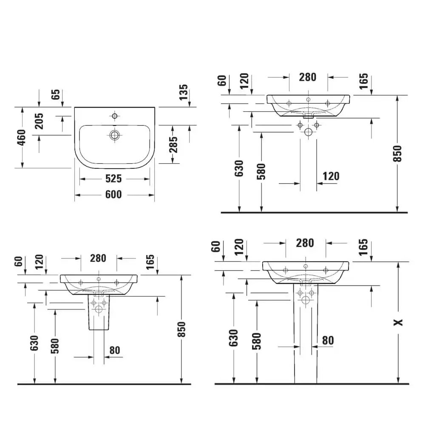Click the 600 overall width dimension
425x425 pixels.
click(x=113, y=195)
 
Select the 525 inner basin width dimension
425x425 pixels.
click(x=113, y=178)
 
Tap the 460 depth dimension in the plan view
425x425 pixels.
click(x=22, y=137)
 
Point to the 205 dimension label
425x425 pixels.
click(x=39, y=121)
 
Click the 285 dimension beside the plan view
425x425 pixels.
click(x=173, y=144)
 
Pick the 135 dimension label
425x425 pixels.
click(x=184, y=92)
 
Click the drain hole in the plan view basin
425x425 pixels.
click(x=114, y=135)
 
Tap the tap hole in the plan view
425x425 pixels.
click(x=114, y=116)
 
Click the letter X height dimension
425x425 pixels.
click(x=398, y=323)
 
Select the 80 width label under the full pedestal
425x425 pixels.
click(x=328, y=340)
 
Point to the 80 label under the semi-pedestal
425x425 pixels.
click(x=114, y=350)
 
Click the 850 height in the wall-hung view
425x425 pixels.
click(x=397, y=154)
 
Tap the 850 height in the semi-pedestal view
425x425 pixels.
click(x=181, y=329)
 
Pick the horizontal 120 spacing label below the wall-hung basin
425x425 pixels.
click(x=331, y=176)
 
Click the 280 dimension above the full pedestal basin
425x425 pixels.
click(x=305, y=243)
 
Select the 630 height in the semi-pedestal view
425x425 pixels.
click(x=34, y=343)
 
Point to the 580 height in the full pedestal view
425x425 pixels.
click(x=257, y=340)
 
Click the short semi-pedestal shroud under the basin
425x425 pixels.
click(x=99, y=312)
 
